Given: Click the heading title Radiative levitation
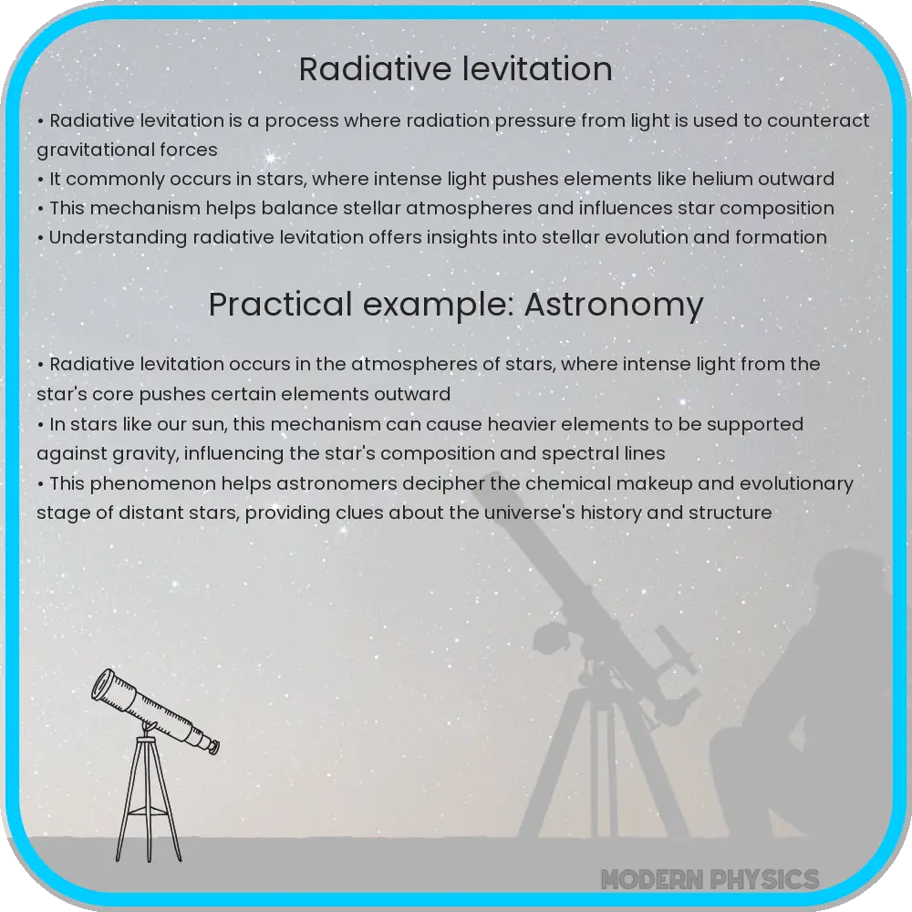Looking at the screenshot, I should point(455,69).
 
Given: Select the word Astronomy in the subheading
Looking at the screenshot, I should point(614,306).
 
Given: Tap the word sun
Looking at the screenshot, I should point(231,424).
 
